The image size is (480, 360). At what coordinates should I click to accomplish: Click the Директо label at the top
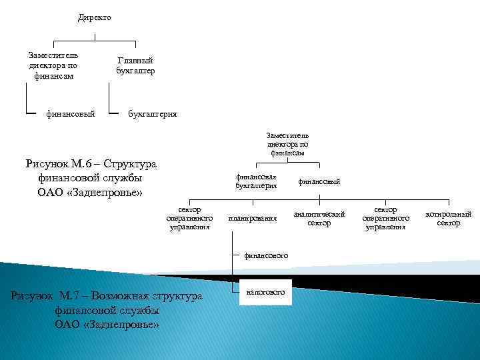click(94, 17)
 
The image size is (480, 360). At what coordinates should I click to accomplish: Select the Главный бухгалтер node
click(135, 65)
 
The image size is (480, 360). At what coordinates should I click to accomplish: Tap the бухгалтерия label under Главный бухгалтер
click(153, 114)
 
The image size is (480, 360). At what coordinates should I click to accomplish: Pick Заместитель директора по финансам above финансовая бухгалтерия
click(287, 144)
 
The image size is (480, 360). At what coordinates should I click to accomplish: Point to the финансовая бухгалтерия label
click(256, 181)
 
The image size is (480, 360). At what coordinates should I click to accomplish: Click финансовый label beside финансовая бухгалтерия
click(319, 181)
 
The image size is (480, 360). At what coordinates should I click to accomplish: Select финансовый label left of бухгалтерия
click(71, 114)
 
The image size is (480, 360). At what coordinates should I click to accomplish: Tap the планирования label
click(252, 218)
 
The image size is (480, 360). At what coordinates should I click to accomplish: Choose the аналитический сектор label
click(319, 218)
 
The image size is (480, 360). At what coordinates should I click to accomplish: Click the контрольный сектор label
click(448, 218)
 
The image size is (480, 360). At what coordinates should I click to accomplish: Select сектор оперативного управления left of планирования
click(190, 218)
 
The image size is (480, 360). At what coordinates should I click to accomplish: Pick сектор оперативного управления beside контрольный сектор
click(385, 218)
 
